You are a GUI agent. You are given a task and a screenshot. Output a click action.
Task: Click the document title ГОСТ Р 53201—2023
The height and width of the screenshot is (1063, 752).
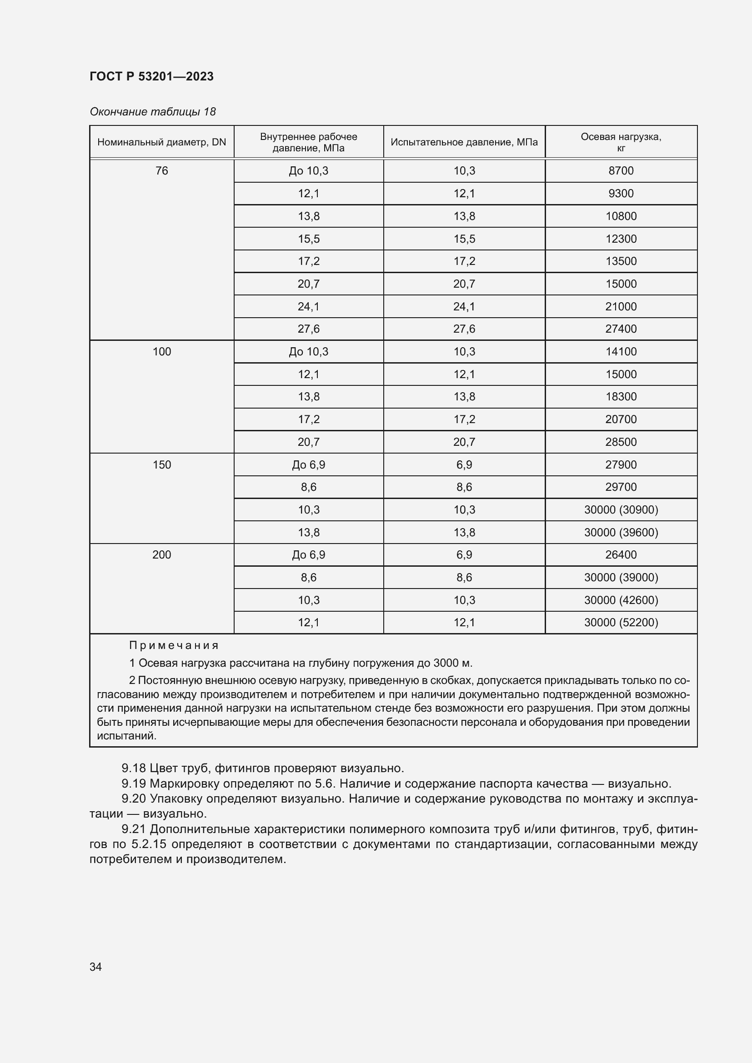point(151,76)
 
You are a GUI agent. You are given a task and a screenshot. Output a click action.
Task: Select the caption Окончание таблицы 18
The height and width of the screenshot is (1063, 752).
point(152,112)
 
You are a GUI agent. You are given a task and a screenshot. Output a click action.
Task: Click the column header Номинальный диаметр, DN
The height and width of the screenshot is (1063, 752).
point(161,142)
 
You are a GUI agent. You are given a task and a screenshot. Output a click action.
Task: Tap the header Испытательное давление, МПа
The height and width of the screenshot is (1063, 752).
point(464,142)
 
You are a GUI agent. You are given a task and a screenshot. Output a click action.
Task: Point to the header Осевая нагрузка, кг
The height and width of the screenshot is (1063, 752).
point(621,142)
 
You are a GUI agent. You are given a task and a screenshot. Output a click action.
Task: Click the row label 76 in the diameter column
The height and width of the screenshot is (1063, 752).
point(161,171)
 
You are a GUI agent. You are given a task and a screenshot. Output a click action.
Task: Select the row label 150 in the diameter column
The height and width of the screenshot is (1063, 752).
point(161,465)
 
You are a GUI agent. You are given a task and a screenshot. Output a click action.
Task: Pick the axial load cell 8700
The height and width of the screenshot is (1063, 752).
point(621,171)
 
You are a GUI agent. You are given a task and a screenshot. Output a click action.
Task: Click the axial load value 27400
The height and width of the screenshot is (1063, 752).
point(621,329)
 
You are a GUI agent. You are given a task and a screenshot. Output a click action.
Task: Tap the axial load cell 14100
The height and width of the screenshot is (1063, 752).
point(621,352)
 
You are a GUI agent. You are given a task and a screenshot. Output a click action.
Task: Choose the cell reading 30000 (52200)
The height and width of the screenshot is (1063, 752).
point(621,623)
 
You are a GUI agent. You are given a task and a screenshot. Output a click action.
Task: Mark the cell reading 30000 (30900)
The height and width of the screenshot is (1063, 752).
point(621,510)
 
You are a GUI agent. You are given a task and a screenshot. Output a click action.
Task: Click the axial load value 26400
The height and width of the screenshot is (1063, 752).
point(621,554)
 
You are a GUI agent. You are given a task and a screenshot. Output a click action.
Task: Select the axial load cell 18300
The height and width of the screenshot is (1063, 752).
point(621,397)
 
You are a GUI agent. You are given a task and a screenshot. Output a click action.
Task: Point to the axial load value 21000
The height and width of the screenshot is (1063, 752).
point(621,306)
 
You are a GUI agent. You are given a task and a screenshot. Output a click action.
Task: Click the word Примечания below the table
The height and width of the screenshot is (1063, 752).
point(174,645)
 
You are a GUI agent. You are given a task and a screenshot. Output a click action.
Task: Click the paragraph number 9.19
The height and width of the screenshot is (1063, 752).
point(133,784)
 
